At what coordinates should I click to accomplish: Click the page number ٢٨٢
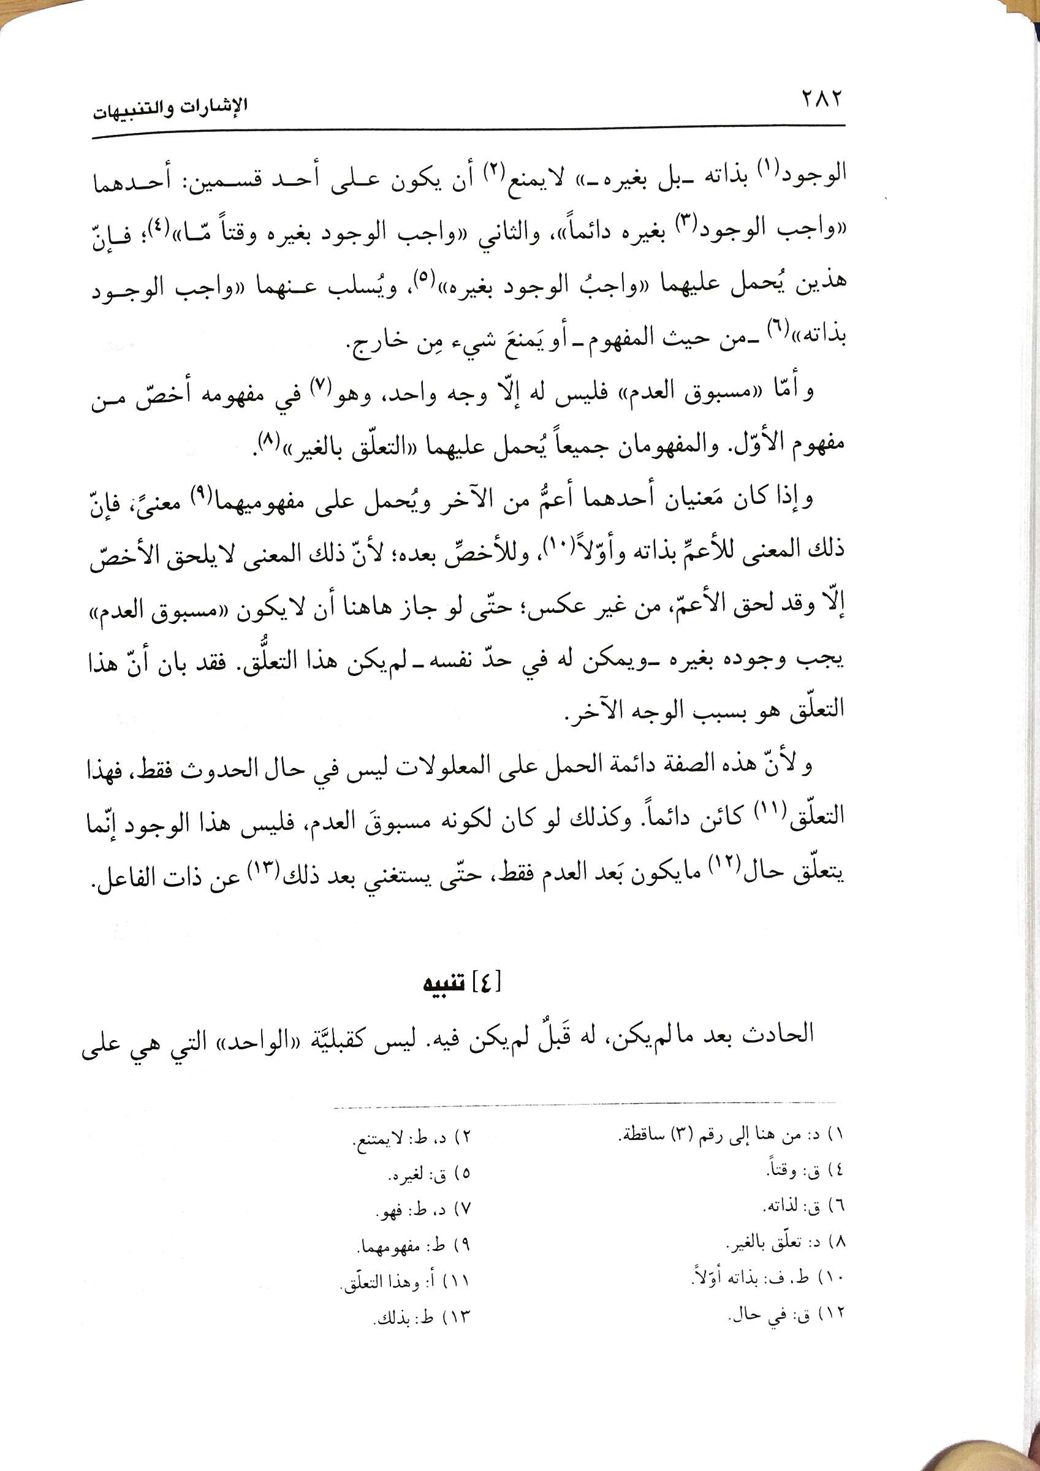tap(821, 101)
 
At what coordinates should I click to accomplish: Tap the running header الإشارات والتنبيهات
tap(170, 108)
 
